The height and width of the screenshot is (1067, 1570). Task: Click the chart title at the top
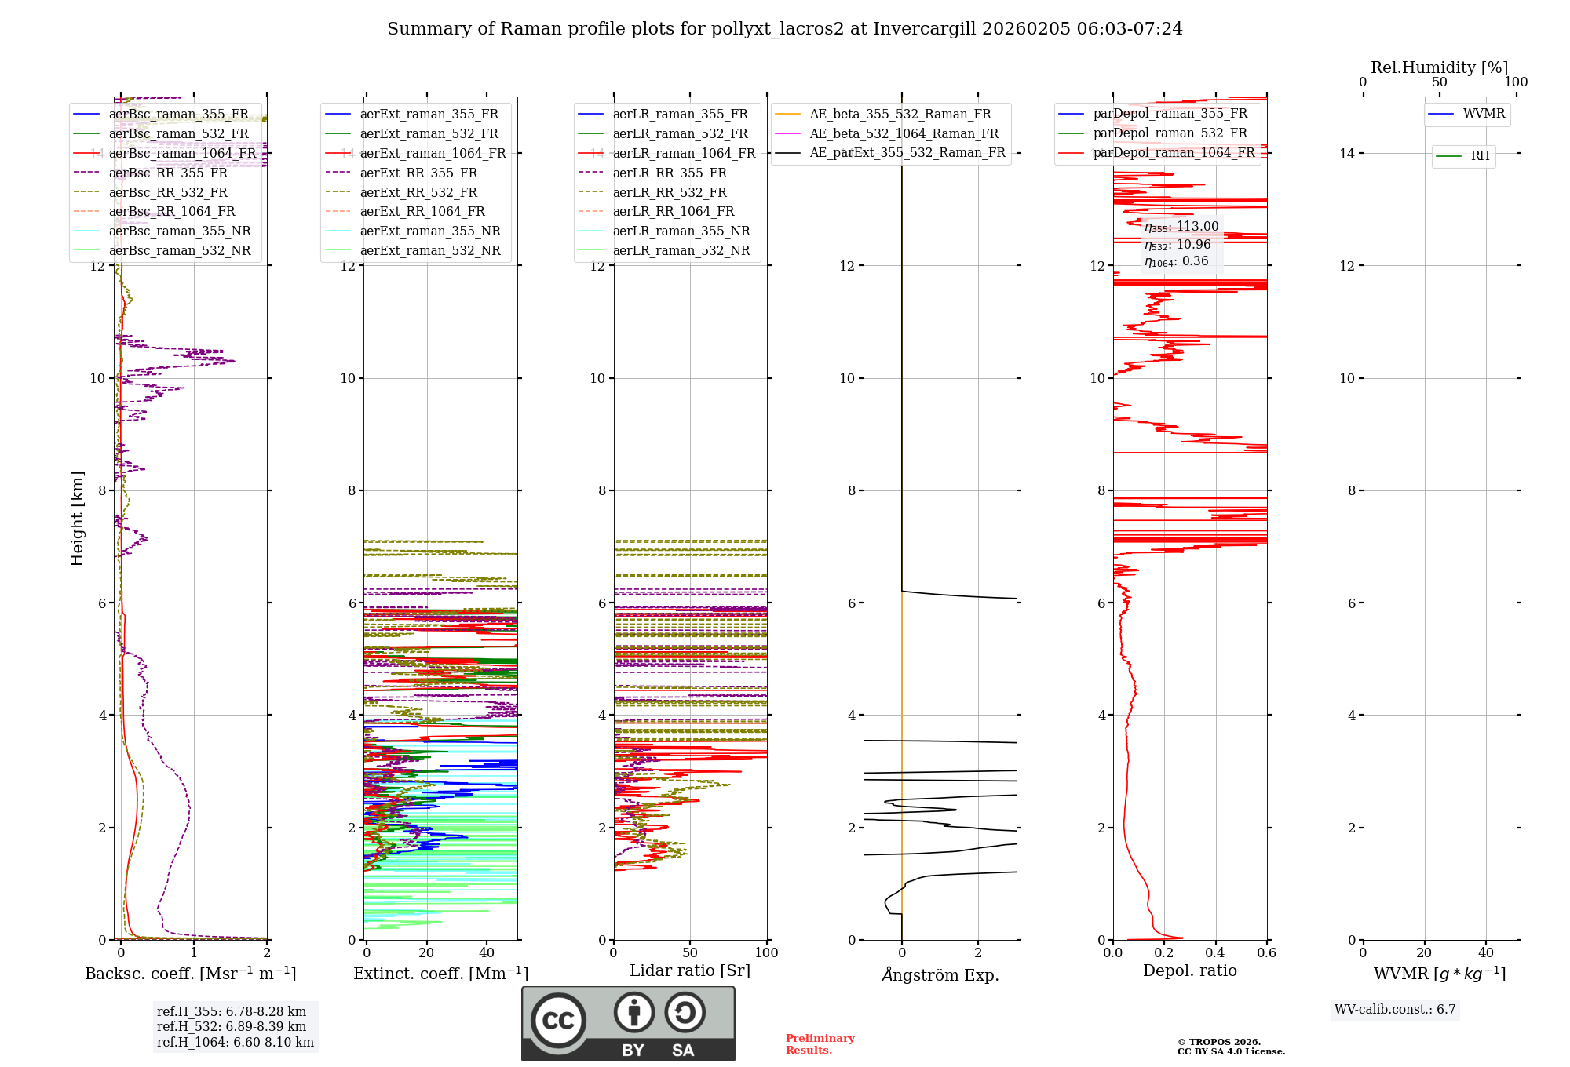click(784, 29)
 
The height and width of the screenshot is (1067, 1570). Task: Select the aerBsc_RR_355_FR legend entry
click(168, 173)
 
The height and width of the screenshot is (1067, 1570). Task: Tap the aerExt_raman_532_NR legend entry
click(429, 250)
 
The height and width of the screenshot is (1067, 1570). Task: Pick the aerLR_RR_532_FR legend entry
click(670, 192)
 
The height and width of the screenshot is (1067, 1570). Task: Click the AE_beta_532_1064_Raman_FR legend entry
click(904, 133)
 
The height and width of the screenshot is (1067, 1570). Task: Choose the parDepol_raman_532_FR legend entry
click(1170, 133)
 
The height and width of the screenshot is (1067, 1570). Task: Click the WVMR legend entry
click(1483, 114)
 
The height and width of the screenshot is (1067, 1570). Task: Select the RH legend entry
click(1480, 156)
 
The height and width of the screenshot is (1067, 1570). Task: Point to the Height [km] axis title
click(77, 519)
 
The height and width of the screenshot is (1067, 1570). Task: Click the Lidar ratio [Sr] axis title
click(689, 970)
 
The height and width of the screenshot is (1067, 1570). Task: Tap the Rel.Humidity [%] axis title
click(1439, 67)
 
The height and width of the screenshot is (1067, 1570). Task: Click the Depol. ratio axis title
click(1189, 970)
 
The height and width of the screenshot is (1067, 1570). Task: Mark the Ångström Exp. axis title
click(940, 974)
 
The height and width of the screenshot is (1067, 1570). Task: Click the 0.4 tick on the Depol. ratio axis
click(1215, 952)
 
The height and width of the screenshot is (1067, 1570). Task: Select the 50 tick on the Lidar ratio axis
click(690, 952)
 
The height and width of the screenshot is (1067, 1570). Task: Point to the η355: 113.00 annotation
click(1181, 227)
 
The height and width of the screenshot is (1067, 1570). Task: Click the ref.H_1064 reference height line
click(235, 1042)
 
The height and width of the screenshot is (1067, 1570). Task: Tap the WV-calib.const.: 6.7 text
click(1394, 1009)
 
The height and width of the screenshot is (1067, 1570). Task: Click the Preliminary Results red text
click(820, 1043)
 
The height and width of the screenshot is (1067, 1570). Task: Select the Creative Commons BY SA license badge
click(628, 1023)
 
